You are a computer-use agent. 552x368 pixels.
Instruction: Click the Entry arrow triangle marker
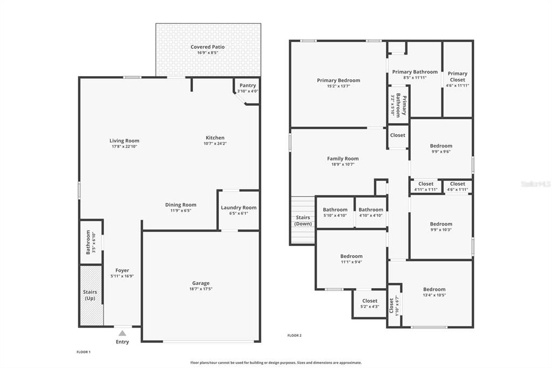[122, 333]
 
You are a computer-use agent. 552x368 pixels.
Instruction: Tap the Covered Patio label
[208, 47]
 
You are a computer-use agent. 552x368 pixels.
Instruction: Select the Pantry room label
[248, 85]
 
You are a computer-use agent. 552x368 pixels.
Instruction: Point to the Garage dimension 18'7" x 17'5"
[201, 289]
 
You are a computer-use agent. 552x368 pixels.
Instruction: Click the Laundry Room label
[239, 208]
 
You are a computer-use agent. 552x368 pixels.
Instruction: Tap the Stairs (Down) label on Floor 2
[303, 221]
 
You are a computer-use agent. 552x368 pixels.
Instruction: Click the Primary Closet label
[458, 77]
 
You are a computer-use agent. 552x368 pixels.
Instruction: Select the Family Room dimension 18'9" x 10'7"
[343, 164]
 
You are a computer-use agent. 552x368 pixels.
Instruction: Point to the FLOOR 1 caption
[84, 352]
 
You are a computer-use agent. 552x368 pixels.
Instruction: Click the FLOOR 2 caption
[295, 336]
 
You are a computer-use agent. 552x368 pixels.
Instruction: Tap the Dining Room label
[181, 205]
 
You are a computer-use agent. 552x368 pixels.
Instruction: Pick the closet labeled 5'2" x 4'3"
[370, 303]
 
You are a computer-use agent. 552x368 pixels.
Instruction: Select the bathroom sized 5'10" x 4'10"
[335, 212]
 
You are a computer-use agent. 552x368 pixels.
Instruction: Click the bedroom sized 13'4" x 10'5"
[434, 292]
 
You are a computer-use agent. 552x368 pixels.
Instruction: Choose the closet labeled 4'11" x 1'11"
[426, 187]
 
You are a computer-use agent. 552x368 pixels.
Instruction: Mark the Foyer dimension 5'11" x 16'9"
[122, 276]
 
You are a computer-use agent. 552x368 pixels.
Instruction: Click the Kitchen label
[215, 138]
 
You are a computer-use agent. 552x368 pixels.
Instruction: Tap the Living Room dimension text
[125, 146]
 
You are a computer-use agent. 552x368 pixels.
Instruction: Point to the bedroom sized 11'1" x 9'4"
[351, 259]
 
